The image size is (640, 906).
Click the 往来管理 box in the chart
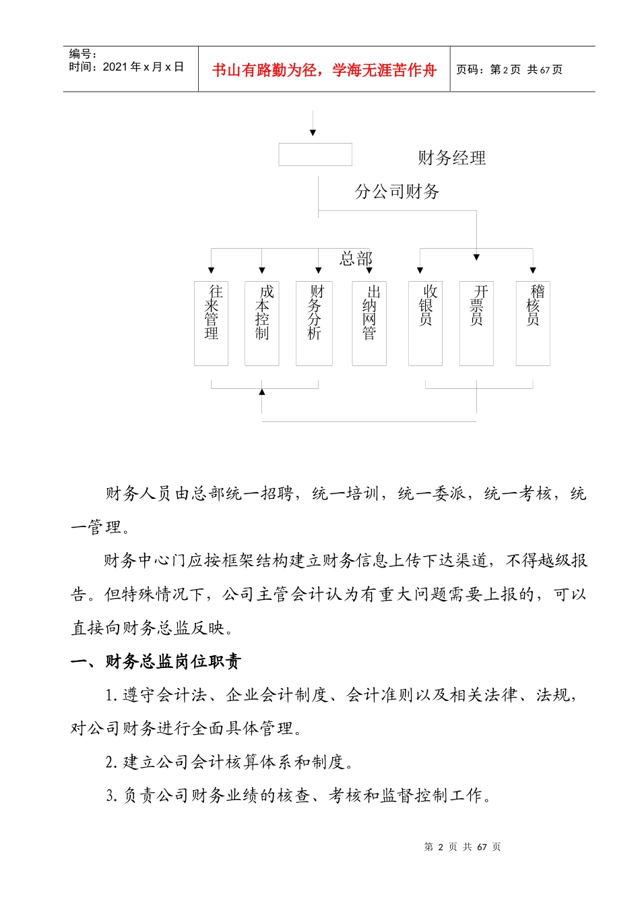point(211,323)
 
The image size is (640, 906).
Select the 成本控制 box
point(261,323)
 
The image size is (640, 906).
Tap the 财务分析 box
point(314,323)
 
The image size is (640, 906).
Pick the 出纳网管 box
point(369,323)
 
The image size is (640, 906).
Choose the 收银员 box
point(425,323)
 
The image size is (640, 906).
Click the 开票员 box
point(476,323)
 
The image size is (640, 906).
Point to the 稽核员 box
point(533,323)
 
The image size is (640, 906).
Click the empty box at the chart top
point(315,154)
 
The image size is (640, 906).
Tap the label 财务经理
point(451,158)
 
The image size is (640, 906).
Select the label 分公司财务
point(397,192)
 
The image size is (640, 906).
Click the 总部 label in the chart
point(356,258)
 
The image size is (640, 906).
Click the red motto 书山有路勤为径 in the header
point(324,70)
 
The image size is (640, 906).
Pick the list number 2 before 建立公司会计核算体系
point(111,762)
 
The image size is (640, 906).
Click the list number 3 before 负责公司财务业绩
point(111,796)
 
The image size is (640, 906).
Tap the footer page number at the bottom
point(462,847)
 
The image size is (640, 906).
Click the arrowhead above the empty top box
point(313,133)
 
